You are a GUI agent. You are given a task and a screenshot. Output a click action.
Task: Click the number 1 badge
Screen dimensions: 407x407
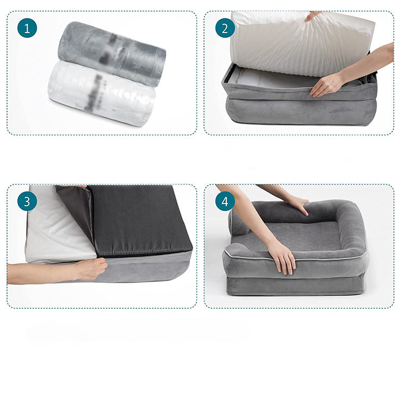click(x=27, y=28)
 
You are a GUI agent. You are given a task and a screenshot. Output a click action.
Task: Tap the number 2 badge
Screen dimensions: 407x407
click(x=225, y=28)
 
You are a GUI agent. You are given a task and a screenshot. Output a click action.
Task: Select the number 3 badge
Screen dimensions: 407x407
click(x=27, y=201)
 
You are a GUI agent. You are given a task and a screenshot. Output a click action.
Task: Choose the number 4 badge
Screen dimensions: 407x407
click(x=225, y=201)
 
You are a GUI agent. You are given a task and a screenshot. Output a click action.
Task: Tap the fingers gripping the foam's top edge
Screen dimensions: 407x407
click(x=313, y=16)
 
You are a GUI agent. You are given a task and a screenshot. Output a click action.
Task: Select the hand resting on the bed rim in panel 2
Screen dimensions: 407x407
click(x=328, y=85)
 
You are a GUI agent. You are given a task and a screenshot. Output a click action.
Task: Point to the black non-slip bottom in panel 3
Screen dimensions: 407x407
click(x=141, y=222)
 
